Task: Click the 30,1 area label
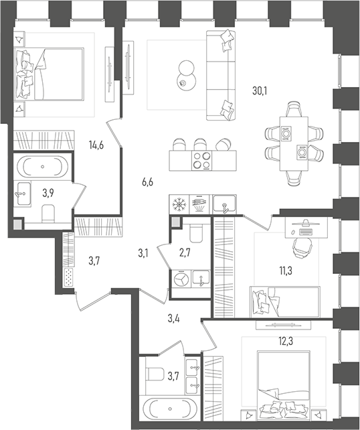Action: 260,90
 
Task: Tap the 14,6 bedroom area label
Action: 96,145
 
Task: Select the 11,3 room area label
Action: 286,271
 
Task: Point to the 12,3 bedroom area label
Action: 286,342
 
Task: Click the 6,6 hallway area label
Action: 147,182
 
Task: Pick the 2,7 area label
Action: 185,253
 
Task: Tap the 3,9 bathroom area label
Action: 48,193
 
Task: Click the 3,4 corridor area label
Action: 173,319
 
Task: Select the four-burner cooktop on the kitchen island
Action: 203,161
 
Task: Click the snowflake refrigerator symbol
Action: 179,204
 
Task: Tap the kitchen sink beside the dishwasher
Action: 224,204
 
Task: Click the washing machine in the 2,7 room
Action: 181,279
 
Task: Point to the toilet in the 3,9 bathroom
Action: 48,213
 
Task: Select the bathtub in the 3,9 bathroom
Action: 42,167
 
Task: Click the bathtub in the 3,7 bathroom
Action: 170,409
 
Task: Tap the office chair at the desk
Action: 302,246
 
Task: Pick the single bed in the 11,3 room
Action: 285,302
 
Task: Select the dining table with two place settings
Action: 294,143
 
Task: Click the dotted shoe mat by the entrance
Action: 68,277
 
